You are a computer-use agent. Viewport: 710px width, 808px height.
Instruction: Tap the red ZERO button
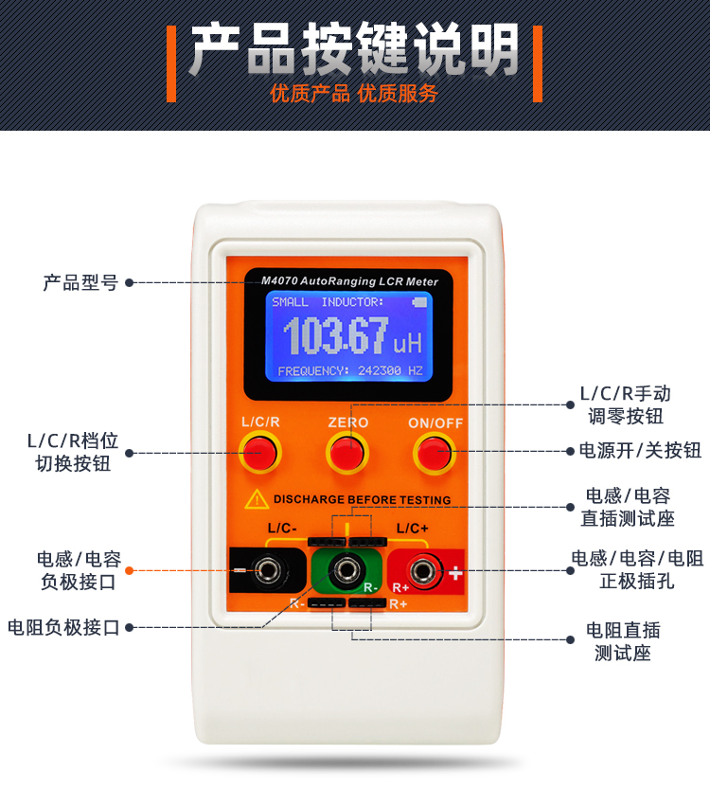[347, 453]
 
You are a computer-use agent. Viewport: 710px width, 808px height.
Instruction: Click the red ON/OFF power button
[434, 454]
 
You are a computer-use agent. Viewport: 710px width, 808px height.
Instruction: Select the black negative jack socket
[269, 570]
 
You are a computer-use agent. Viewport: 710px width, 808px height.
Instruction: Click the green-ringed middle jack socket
[346, 570]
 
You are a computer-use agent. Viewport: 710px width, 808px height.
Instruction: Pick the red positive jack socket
[423, 571]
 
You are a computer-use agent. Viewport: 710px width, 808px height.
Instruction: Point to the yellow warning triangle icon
[257, 499]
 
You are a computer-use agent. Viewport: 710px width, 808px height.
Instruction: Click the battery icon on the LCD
[419, 302]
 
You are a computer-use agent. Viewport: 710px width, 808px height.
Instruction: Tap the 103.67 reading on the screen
[335, 335]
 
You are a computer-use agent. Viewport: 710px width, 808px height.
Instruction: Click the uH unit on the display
[407, 343]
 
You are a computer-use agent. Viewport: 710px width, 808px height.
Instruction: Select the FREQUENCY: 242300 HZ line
[350, 370]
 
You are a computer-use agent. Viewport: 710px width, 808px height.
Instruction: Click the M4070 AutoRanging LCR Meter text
[349, 281]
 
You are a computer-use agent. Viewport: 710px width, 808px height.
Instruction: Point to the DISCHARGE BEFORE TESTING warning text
[362, 499]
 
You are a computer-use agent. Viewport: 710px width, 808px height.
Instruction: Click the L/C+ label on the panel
[413, 529]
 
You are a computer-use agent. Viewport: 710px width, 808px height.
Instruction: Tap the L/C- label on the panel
[282, 529]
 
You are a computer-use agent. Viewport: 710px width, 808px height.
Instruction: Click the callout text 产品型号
[80, 282]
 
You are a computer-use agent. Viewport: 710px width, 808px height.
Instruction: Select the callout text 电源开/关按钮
[640, 450]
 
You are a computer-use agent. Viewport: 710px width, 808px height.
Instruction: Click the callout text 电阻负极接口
[63, 628]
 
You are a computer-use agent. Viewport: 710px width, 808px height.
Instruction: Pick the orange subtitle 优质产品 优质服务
[354, 93]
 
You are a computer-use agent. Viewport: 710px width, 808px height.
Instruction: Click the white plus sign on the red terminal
[455, 572]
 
